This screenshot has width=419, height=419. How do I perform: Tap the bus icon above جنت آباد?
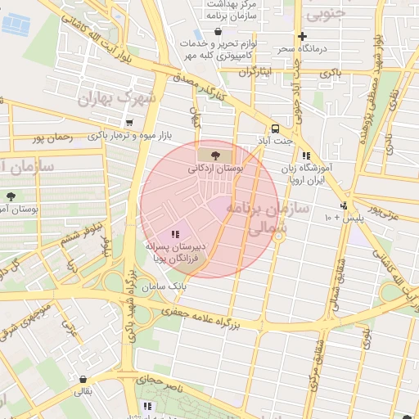click(275, 128)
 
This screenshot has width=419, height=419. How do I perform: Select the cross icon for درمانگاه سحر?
click(303, 36)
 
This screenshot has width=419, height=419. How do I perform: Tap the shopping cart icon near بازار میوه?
click(129, 123)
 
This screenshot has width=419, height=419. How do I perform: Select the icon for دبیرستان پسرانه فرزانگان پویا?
click(175, 235)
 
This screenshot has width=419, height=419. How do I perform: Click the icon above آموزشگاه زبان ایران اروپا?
click(306, 155)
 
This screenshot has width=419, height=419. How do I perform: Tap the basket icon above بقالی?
click(84, 379)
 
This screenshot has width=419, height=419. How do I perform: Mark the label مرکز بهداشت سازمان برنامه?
click(232, 10)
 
